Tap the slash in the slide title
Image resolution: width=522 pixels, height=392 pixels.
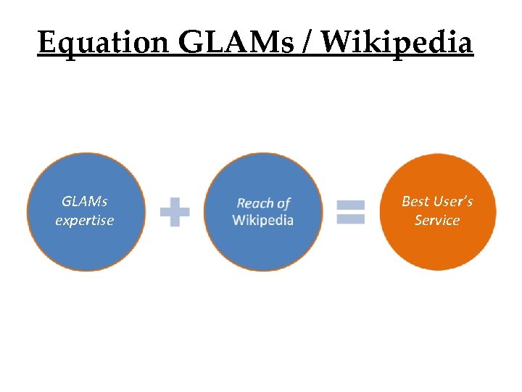[308, 43]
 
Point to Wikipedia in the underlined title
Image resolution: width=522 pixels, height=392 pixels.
[397, 43]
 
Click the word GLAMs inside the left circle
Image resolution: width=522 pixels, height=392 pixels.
[85, 201]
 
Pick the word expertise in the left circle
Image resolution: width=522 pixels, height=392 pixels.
[85, 220]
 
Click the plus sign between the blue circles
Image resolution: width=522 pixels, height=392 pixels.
[175, 213]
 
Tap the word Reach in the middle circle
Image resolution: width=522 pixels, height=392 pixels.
[254, 203]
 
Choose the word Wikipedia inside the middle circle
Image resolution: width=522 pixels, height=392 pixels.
[263, 220]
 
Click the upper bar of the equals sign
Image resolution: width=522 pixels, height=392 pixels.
[351, 206]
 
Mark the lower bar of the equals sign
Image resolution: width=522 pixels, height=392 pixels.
[351, 219]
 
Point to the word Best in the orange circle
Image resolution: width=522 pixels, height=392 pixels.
[415, 201]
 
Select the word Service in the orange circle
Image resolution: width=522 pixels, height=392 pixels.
[437, 220]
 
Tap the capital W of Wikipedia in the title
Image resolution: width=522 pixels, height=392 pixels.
[335, 43]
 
